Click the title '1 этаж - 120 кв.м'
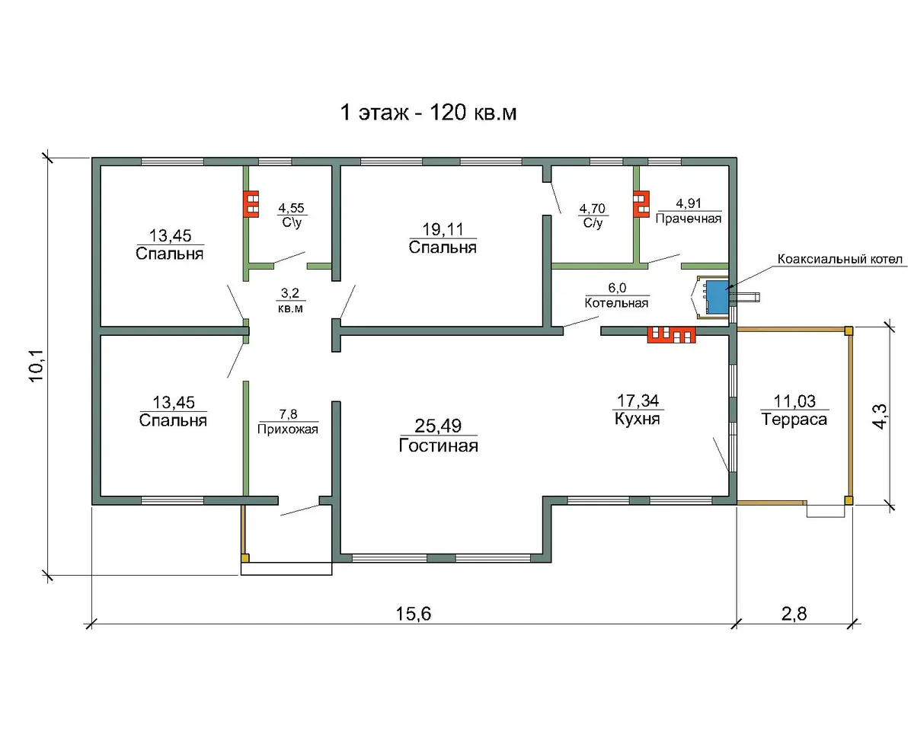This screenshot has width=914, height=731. pos(428,113)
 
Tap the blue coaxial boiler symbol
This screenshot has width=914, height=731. pos(717,296)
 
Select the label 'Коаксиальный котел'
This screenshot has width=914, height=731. pos(839,259)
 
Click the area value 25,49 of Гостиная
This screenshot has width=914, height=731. pos(438,426)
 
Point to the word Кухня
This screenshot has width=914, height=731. pos(637,419)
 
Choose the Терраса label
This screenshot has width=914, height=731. pos(794,420)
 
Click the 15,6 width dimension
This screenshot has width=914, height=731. pos(414,613)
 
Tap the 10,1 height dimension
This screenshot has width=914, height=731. pos(36,365)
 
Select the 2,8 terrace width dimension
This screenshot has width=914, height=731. pos(794,613)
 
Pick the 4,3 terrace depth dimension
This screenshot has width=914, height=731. pos(880,417)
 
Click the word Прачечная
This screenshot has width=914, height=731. pos(689,219)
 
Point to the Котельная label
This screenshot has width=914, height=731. pos(616,303)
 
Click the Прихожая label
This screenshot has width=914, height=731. pos(288,429)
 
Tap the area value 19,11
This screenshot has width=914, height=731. pos(443,229)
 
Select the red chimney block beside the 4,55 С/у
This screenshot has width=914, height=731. pos(251,204)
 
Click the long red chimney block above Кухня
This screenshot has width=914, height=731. pos(671,335)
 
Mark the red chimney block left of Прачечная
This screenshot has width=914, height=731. pos(641,204)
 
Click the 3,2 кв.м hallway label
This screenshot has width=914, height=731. pos(290,300)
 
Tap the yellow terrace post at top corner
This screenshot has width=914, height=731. pos(848,331)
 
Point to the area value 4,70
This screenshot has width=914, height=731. pos(592,209)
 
